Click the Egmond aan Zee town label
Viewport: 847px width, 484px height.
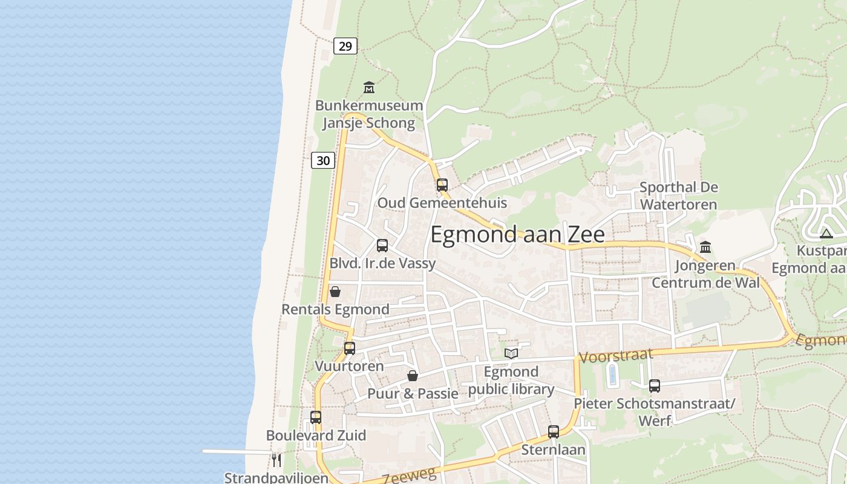click(x=517, y=235)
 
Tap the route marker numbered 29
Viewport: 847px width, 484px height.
click(x=345, y=46)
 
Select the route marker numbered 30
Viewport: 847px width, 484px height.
click(x=323, y=160)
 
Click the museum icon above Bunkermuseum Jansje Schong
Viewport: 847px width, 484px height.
click(x=369, y=88)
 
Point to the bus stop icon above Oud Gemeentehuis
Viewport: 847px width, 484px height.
click(x=442, y=185)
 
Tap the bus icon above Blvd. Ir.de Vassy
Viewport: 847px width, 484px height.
click(x=382, y=245)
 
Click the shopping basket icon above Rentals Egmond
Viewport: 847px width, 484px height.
click(x=335, y=292)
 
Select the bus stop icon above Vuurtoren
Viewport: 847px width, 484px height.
click(x=350, y=348)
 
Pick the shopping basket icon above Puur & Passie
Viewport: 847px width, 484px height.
click(x=413, y=376)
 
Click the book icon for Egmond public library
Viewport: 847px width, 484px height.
click(x=511, y=353)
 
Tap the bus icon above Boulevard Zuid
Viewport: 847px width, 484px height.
click(x=316, y=417)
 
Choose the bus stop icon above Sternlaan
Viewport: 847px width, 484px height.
click(x=554, y=431)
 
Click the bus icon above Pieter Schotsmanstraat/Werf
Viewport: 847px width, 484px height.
click(x=654, y=385)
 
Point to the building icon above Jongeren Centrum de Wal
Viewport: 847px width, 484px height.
click(x=705, y=247)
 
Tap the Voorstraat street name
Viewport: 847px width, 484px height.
click(x=616, y=355)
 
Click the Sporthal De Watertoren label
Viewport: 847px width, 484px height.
click(x=678, y=195)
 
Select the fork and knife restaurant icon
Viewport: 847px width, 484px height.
click(x=276, y=460)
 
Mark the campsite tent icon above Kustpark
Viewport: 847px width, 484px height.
click(x=826, y=234)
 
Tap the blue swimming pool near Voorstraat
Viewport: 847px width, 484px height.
click(x=612, y=375)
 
